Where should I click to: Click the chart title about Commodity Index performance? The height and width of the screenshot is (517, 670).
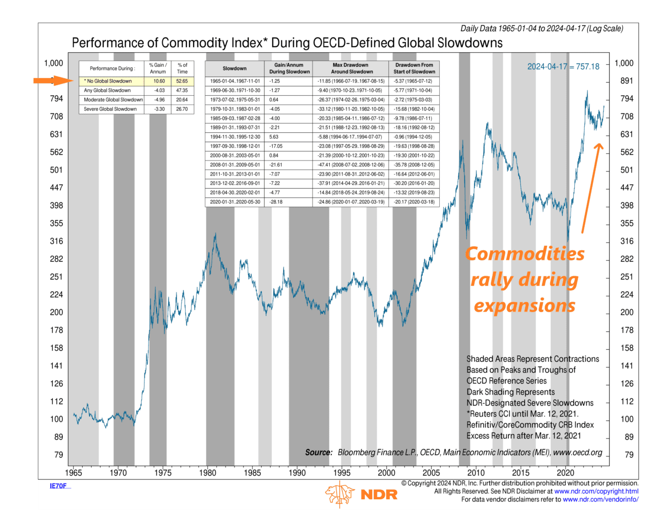(x=287, y=43)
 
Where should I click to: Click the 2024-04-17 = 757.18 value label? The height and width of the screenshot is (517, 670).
(x=563, y=67)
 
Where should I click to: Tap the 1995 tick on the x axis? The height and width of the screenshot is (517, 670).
(x=342, y=473)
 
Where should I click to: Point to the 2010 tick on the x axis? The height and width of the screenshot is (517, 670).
(x=476, y=473)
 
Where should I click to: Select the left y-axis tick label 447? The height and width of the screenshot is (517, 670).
(x=56, y=188)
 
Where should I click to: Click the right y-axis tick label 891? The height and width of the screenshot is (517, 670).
(x=627, y=81)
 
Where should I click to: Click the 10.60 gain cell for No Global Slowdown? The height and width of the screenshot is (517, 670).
(x=159, y=81)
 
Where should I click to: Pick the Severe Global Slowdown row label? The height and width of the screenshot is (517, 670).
(x=110, y=109)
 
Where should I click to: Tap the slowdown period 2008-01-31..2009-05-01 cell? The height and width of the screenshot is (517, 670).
(x=235, y=165)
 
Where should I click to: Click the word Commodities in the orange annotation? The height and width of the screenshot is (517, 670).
(x=524, y=254)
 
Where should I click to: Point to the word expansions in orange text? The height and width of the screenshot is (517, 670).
(x=524, y=305)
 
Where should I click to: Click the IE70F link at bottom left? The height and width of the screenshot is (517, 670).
(x=58, y=486)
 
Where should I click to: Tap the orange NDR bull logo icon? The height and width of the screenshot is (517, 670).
(x=339, y=494)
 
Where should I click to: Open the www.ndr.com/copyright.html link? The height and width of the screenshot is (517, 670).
(x=596, y=491)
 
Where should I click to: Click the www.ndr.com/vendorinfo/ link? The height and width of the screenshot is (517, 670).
(x=600, y=500)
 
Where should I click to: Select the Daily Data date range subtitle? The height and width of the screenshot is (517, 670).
(x=541, y=29)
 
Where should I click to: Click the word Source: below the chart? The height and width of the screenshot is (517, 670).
(x=319, y=452)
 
